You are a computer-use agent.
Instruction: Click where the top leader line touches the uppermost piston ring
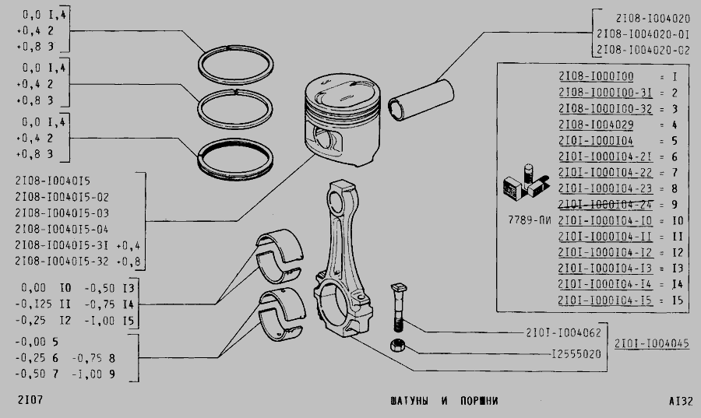click(x=205, y=52)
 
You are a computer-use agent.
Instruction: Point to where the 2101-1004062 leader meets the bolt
click(x=402, y=320)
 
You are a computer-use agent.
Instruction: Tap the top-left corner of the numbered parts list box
click(x=497, y=63)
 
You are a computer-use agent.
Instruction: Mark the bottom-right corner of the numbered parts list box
click(x=689, y=311)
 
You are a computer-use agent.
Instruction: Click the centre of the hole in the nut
click(x=397, y=345)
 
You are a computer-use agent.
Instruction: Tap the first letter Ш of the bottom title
click(x=393, y=401)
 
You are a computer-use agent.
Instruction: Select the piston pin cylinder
click(x=421, y=100)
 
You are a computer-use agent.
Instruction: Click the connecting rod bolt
click(x=398, y=307)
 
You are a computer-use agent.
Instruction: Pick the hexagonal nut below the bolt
click(x=397, y=345)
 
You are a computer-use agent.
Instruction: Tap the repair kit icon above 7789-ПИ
click(x=527, y=182)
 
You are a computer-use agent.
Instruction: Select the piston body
click(x=342, y=119)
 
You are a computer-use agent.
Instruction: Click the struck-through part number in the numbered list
click(x=605, y=205)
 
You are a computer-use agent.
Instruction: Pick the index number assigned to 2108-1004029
click(x=675, y=125)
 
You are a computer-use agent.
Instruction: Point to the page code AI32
click(x=681, y=401)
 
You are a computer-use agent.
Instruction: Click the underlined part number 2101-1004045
click(x=651, y=343)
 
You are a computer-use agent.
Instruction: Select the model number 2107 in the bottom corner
click(x=30, y=399)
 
